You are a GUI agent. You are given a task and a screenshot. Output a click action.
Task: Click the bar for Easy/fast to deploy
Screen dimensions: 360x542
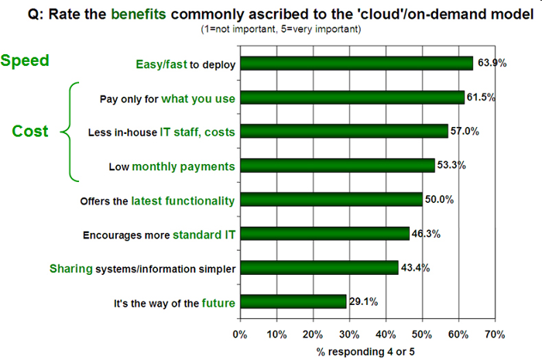[356, 63]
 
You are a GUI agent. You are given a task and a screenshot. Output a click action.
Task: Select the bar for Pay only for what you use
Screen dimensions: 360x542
[352, 98]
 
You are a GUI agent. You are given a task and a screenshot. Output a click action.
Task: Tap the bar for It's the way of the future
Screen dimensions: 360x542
[293, 301]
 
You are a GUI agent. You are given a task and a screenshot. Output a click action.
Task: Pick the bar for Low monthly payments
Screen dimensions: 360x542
[337, 165]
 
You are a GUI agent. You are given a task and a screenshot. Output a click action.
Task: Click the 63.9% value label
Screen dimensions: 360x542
[491, 63]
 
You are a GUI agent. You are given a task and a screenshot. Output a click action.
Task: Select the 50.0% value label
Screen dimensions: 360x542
[438, 199]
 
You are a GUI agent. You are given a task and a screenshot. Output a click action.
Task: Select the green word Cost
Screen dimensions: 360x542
[30, 132]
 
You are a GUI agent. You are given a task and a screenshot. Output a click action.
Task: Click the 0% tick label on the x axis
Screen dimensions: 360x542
[239, 334]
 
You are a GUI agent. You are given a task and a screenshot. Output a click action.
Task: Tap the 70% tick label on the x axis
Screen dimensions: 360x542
[495, 334]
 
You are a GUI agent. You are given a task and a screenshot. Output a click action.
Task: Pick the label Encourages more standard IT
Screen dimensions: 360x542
[157, 233]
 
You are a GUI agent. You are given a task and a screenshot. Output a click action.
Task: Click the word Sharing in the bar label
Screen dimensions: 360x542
[72, 267]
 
